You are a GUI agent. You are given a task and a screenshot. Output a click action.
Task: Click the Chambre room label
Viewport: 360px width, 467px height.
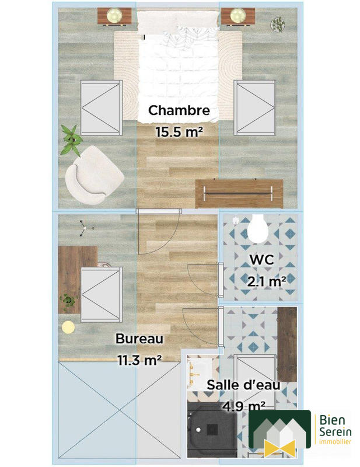179,110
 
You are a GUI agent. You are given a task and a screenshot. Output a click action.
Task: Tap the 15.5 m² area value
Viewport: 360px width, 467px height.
179,132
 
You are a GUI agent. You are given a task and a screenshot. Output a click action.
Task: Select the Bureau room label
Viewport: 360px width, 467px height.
139,339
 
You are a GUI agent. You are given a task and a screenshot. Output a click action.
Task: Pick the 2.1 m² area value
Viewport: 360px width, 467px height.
267,281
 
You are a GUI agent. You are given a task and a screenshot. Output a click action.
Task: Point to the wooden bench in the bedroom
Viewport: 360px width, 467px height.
239,193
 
